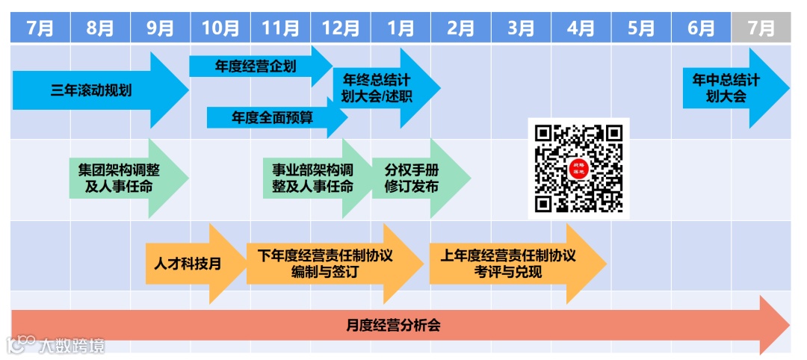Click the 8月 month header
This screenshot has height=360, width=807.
click(x=100, y=28)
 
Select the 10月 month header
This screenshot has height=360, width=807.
click(x=220, y=28)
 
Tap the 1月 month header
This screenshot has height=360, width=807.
click(x=401, y=28)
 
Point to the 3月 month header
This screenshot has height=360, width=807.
click(x=521, y=28)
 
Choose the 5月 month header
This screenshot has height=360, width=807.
click(x=641, y=28)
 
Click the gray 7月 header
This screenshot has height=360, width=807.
click(x=761, y=28)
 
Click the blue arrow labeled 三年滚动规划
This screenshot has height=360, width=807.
click(x=93, y=91)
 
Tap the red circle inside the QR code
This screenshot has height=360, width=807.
click(x=578, y=168)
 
